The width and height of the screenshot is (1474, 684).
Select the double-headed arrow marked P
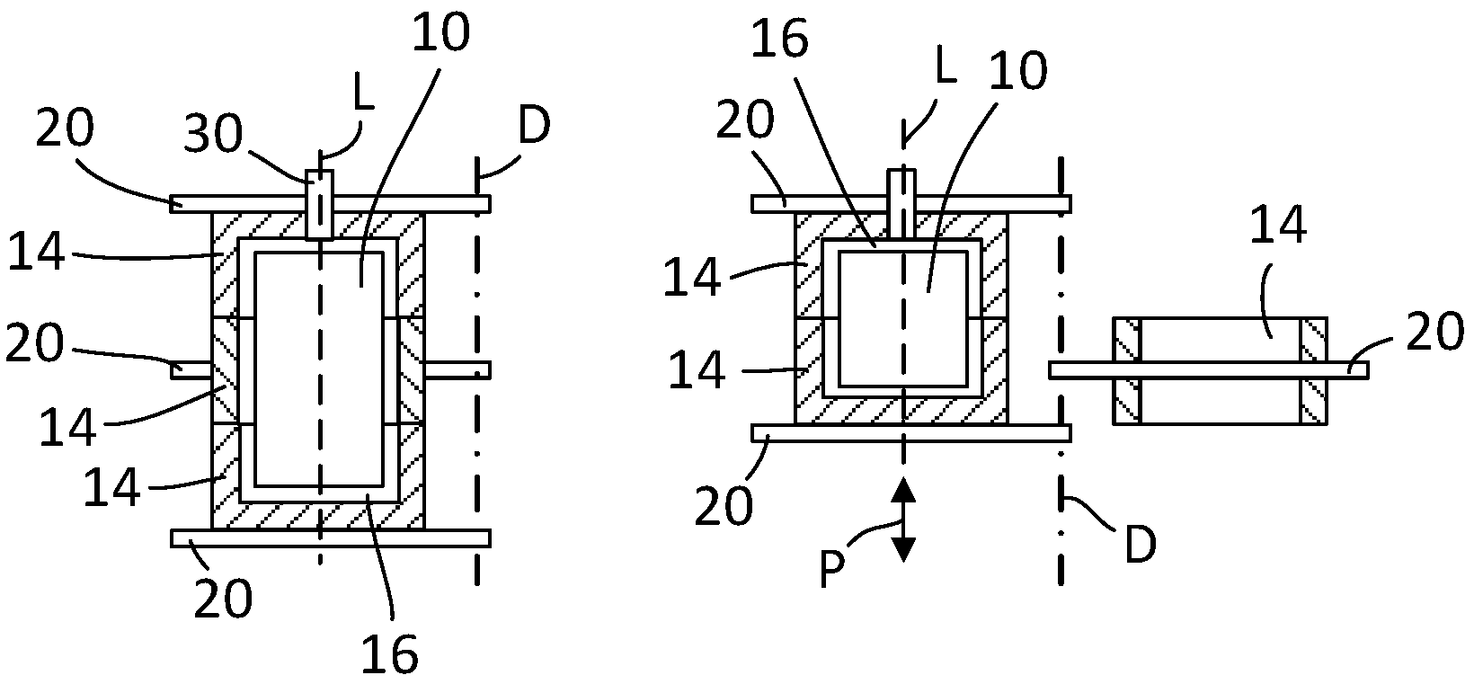[902, 520]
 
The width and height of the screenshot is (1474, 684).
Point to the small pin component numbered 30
[319, 205]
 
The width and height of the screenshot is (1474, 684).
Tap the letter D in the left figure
[534, 129]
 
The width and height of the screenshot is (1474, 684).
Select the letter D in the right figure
[1139, 545]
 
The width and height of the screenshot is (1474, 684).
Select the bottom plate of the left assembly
[330, 538]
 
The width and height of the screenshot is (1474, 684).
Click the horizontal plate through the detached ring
[1209, 369]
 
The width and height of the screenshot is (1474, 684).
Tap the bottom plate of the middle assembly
[910, 433]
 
